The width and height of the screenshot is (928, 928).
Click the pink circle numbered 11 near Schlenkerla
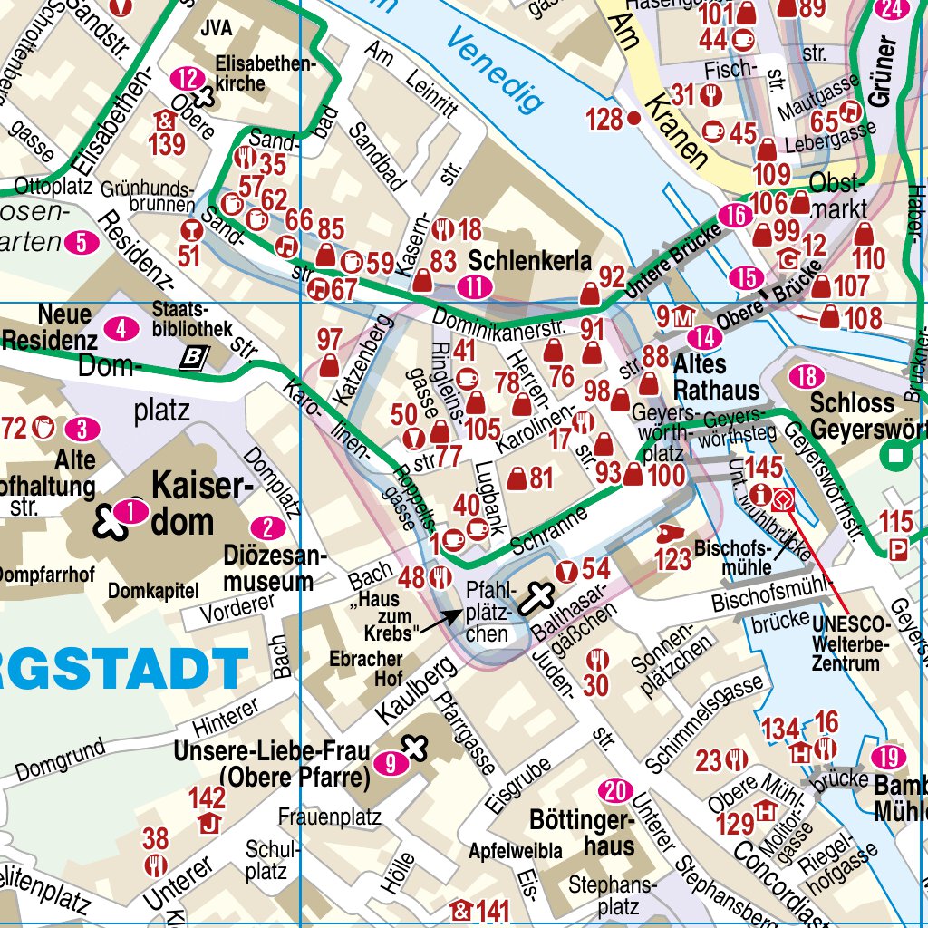coord(474,287)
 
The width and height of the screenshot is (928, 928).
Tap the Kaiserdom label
coord(200,503)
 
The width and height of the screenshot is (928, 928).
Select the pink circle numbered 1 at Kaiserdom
coord(132,513)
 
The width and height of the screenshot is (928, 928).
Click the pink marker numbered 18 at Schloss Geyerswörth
coord(806,377)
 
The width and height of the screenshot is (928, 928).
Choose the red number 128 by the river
coord(604,119)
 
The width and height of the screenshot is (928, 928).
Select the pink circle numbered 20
coord(616,792)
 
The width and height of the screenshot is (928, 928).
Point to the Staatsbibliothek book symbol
coord(192,359)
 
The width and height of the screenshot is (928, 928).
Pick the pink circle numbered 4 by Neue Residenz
coord(121,328)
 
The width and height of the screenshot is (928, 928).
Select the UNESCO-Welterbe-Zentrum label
coord(852,643)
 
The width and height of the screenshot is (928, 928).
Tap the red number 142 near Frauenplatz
coord(207,797)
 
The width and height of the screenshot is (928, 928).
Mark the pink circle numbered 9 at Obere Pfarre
coord(391,764)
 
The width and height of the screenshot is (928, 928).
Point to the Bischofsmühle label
coord(733,558)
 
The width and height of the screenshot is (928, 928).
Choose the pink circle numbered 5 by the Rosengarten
coord(82,242)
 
